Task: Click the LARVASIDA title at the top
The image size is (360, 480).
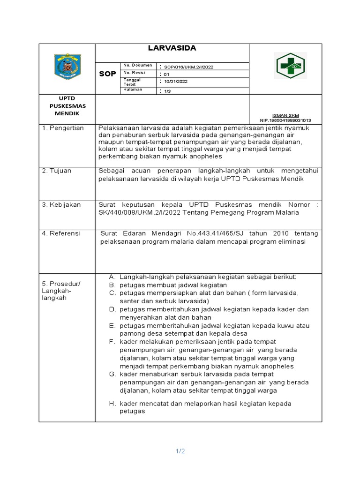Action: pos(172,48)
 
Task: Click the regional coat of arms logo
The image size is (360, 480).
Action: pos(67,67)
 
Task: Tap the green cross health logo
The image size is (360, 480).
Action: pos(291,66)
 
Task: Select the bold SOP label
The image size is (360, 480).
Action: pos(107,74)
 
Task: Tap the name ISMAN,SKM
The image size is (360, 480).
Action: pos(285,115)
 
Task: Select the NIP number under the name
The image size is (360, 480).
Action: pos(285,120)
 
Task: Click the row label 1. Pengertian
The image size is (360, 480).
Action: pos(63,128)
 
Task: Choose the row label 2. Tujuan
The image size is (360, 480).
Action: pos(57,171)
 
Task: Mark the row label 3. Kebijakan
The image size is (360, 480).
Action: pos(61,205)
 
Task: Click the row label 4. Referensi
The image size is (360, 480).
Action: pos(61,233)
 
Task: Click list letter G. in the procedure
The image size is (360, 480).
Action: pos(112,374)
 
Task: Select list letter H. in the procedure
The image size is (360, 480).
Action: pos(112,404)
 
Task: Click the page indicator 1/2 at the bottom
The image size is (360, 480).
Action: pos(180,451)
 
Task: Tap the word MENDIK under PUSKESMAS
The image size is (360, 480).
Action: pos(65,114)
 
